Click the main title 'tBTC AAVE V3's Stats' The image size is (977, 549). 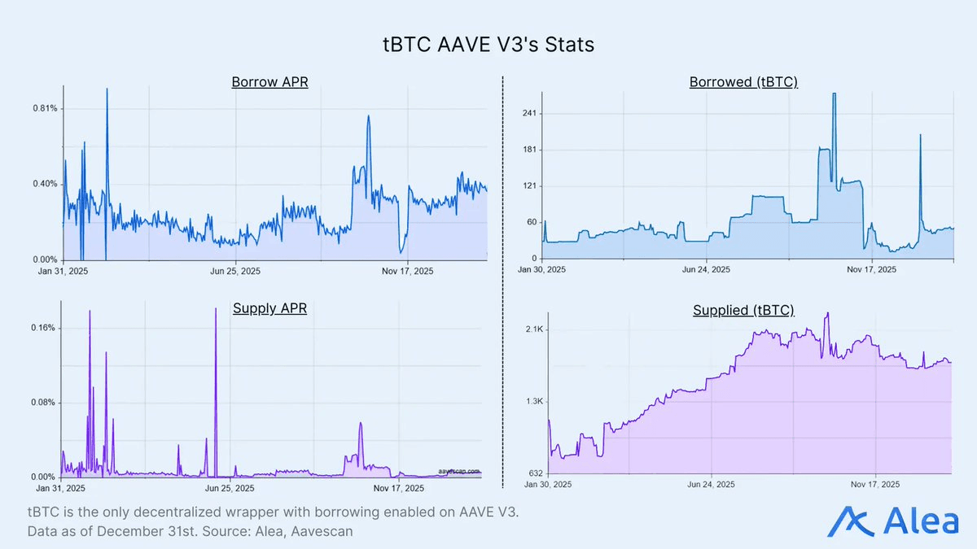pyautogui.click(x=488, y=44)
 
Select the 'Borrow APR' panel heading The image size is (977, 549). pyautogui.click(x=269, y=82)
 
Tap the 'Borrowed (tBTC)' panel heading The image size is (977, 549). pyautogui.click(x=743, y=82)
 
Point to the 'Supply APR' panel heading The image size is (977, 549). pyautogui.click(x=269, y=308)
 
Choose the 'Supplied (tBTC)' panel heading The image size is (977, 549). pyautogui.click(x=743, y=310)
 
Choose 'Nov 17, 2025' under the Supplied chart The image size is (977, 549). pyautogui.click(x=874, y=484)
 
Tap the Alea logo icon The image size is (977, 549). pyautogui.click(x=847, y=521)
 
